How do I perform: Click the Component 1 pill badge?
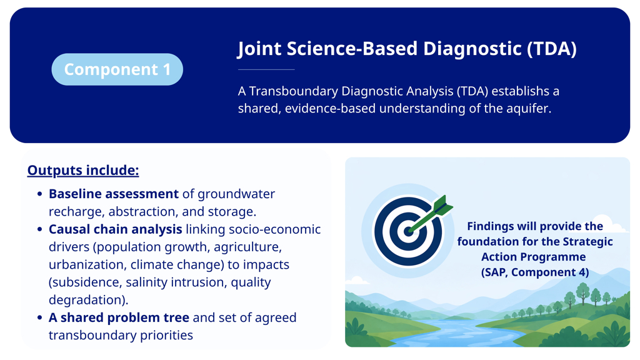coord(117,69)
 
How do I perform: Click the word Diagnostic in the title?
coord(472,49)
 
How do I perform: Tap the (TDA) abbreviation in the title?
coord(552,49)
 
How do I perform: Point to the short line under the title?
coord(266,70)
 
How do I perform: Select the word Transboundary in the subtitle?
coord(294,91)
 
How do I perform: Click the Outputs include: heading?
coord(83,170)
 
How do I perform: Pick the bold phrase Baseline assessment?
coord(114,194)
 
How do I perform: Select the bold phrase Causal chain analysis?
coord(115,229)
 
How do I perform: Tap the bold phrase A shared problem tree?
coord(119,317)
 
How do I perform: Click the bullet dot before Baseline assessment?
coord(39,194)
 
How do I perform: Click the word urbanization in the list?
coord(86,264)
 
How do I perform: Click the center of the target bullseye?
coord(408,231)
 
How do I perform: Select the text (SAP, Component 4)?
coord(535,272)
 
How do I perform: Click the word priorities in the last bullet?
coord(166,335)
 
